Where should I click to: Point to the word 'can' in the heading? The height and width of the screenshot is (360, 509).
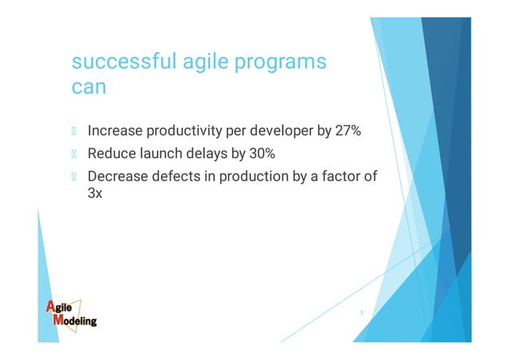click(89, 88)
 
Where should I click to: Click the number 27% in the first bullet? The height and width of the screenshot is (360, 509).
click(349, 130)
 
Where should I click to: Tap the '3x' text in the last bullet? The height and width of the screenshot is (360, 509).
click(96, 192)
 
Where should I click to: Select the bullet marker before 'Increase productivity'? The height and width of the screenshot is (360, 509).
click(75, 131)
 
